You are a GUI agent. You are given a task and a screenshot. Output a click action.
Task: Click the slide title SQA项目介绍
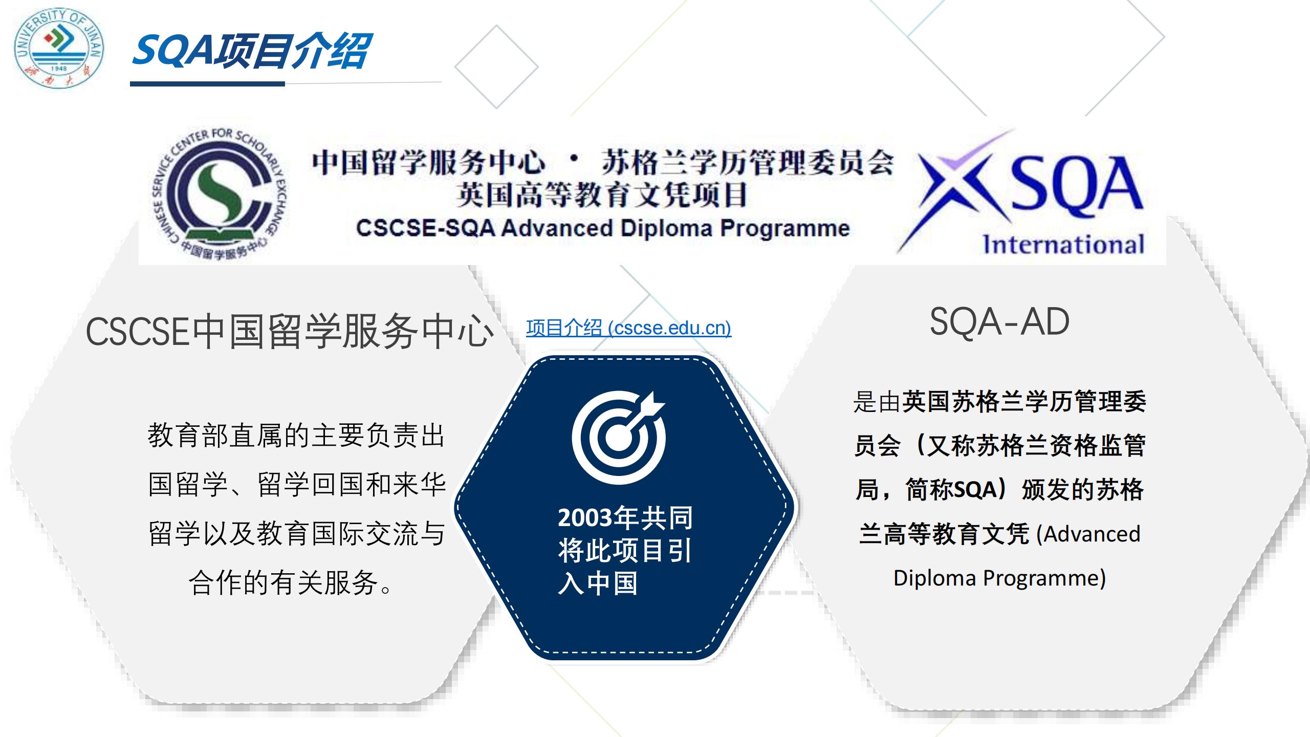tap(251, 51)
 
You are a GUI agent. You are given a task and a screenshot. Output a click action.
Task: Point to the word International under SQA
tap(1063, 244)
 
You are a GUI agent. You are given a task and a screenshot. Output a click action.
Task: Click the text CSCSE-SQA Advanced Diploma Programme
tap(603, 228)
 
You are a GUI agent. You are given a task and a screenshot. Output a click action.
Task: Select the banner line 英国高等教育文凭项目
tap(602, 195)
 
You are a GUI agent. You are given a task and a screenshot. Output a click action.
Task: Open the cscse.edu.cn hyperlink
tap(628, 328)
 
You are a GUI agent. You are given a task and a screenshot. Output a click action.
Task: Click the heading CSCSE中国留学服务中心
tap(290, 332)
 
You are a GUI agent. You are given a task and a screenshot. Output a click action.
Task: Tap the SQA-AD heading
tap(999, 322)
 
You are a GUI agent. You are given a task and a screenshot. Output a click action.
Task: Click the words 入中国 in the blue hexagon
tap(598, 583)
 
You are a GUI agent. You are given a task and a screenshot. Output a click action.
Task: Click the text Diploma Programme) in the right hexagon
tap(999, 578)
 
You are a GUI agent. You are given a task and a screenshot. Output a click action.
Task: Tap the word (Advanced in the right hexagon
tap(1088, 534)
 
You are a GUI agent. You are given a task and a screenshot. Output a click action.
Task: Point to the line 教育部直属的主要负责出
tap(296, 436)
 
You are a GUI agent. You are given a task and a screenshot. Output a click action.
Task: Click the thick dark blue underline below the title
tap(207, 84)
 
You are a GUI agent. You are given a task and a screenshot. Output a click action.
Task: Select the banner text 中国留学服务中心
tap(428, 162)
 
